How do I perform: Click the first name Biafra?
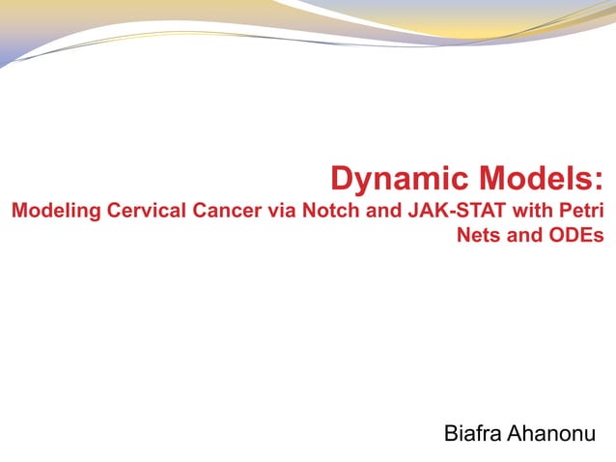pyautogui.click(x=472, y=432)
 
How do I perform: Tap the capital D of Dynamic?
pyautogui.click(x=342, y=179)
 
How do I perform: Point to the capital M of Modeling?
pyautogui.click(x=17, y=211)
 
